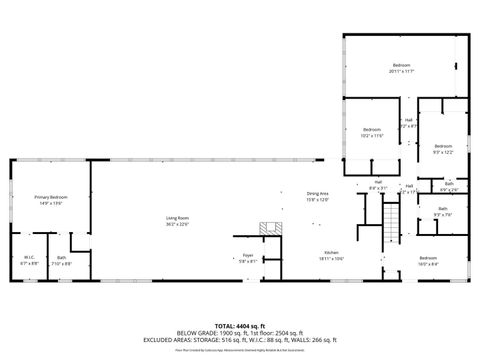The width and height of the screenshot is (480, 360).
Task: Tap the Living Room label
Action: [x=177, y=217]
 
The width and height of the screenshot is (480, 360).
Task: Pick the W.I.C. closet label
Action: [x=29, y=257]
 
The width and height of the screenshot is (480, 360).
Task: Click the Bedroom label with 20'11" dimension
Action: [x=402, y=67]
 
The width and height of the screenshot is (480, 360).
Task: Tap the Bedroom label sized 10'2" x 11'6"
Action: [x=372, y=130]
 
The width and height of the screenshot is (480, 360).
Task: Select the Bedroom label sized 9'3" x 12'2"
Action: [x=443, y=146]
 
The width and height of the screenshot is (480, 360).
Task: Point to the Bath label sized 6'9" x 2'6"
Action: [x=449, y=183]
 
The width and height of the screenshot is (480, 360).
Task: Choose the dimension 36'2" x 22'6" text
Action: [x=177, y=223]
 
